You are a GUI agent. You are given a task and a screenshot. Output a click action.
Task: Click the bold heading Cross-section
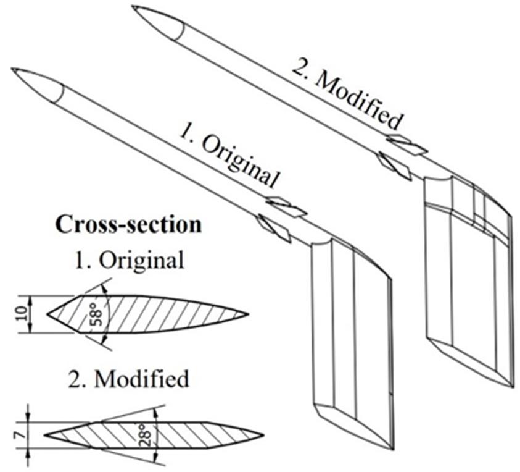point(128,224)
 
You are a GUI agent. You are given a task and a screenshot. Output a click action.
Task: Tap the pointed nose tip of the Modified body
point(134,7)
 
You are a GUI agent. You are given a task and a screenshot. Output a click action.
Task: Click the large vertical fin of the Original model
point(352,340)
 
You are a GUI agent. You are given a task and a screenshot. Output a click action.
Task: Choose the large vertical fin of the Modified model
point(469,284)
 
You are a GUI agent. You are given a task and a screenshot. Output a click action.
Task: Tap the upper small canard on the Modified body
point(407,143)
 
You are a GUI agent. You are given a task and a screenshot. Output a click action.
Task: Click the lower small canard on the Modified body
point(394,165)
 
